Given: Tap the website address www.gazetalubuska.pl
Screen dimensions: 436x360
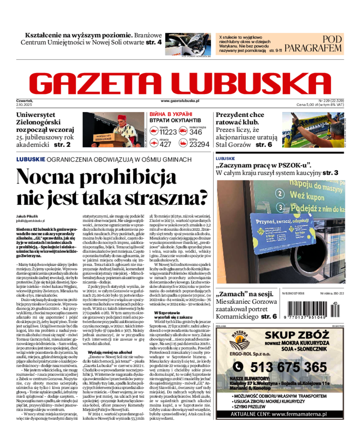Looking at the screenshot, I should click(x=180, y=102).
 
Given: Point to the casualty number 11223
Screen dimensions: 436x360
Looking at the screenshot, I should click(x=168, y=132).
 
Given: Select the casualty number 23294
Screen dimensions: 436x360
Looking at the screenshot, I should click(x=199, y=144).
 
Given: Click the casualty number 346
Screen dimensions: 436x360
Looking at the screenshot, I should click(x=196, y=132).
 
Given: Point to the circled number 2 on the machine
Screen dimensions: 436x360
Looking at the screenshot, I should click(x=279, y=193).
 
